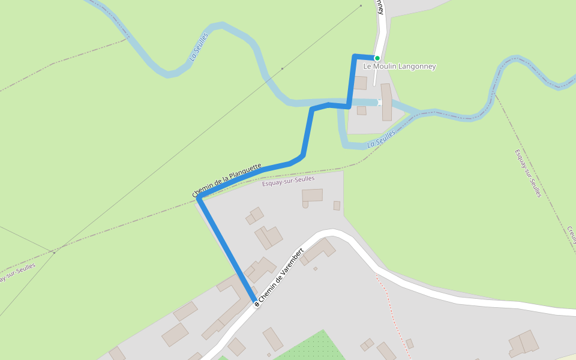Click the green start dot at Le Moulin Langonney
[377, 58]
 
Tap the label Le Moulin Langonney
[400, 67]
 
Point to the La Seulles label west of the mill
[199, 47]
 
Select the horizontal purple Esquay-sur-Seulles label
[288, 181]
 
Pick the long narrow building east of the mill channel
[386, 102]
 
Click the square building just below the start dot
[360, 83]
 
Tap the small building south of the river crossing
[361, 110]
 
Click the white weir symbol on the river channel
[379, 103]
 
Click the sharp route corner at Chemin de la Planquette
[199, 199]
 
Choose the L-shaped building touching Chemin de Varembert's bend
[318, 251]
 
